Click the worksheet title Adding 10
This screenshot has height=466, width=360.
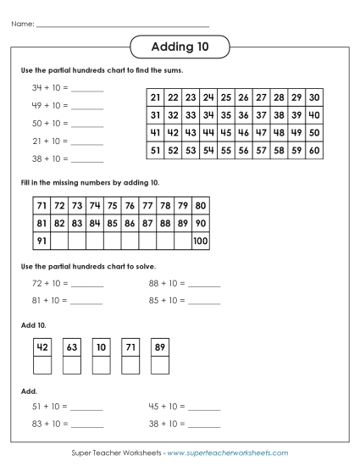click(x=180, y=46)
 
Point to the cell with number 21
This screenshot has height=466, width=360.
click(x=155, y=97)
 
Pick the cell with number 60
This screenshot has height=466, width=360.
click(x=313, y=151)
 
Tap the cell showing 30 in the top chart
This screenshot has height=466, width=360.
click(x=313, y=97)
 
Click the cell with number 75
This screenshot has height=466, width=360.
click(x=112, y=206)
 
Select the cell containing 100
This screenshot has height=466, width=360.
click(x=200, y=241)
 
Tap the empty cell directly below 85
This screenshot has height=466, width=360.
click(x=112, y=241)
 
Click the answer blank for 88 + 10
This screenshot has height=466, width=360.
click(x=204, y=284)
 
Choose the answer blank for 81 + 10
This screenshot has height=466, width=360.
click(x=87, y=300)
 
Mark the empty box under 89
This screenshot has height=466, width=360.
click(x=158, y=365)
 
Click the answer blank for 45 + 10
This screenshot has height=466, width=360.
click(x=204, y=407)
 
